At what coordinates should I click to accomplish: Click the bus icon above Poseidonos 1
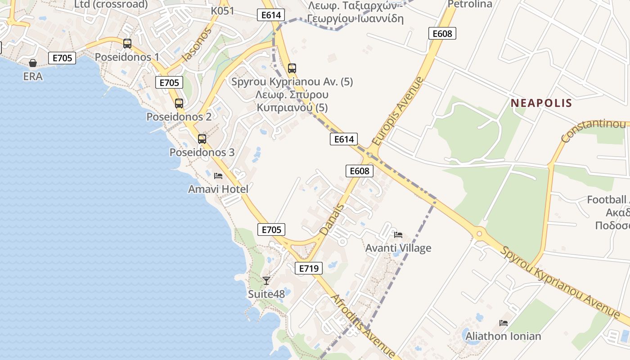click(127, 44)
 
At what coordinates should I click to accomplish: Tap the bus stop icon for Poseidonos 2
click(179, 103)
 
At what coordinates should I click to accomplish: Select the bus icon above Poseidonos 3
click(202, 139)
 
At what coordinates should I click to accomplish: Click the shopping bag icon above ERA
click(33, 63)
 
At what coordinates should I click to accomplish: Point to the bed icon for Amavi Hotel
click(218, 176)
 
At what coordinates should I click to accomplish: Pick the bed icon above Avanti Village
click(398, 235)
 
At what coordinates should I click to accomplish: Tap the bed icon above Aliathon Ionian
click(504, 323)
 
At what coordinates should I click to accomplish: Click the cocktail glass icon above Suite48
click(266, 281)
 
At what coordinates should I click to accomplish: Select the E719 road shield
click(309, 269)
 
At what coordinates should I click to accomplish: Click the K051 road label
click(223, 11)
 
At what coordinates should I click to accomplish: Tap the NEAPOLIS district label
click(541, 103)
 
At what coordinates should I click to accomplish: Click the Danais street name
click(332, 220)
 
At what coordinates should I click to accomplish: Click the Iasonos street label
click(197, 45)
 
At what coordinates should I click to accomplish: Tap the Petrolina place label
click(470, 4)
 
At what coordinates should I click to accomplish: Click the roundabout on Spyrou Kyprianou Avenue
click(479, 234)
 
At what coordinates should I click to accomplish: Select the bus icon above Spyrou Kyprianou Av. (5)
click(292, 68)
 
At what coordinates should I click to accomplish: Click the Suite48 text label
click(266, 294)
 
